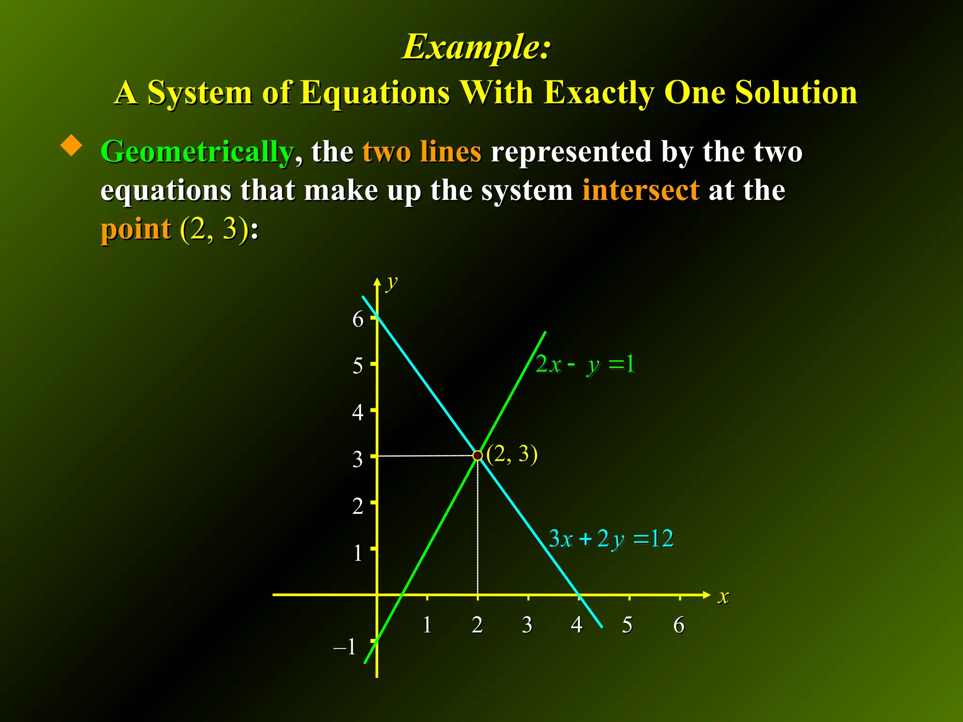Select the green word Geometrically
click(197, 152)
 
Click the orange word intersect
click(640, 190)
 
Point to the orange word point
click(136, 229)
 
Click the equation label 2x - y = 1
click(585, 364)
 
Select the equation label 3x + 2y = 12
click(611, 539)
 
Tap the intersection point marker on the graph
click(478, 455)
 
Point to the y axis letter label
click(392, 283)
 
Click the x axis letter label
click(723, 597)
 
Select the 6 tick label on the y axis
click(358, 319)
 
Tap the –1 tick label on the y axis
click(345, 647)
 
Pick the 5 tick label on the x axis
click(627, 625)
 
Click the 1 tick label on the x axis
click(427, 625)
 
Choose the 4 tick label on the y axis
click(358, 412)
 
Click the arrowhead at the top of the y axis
click(377, 281)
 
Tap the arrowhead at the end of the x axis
click(706, 595)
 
